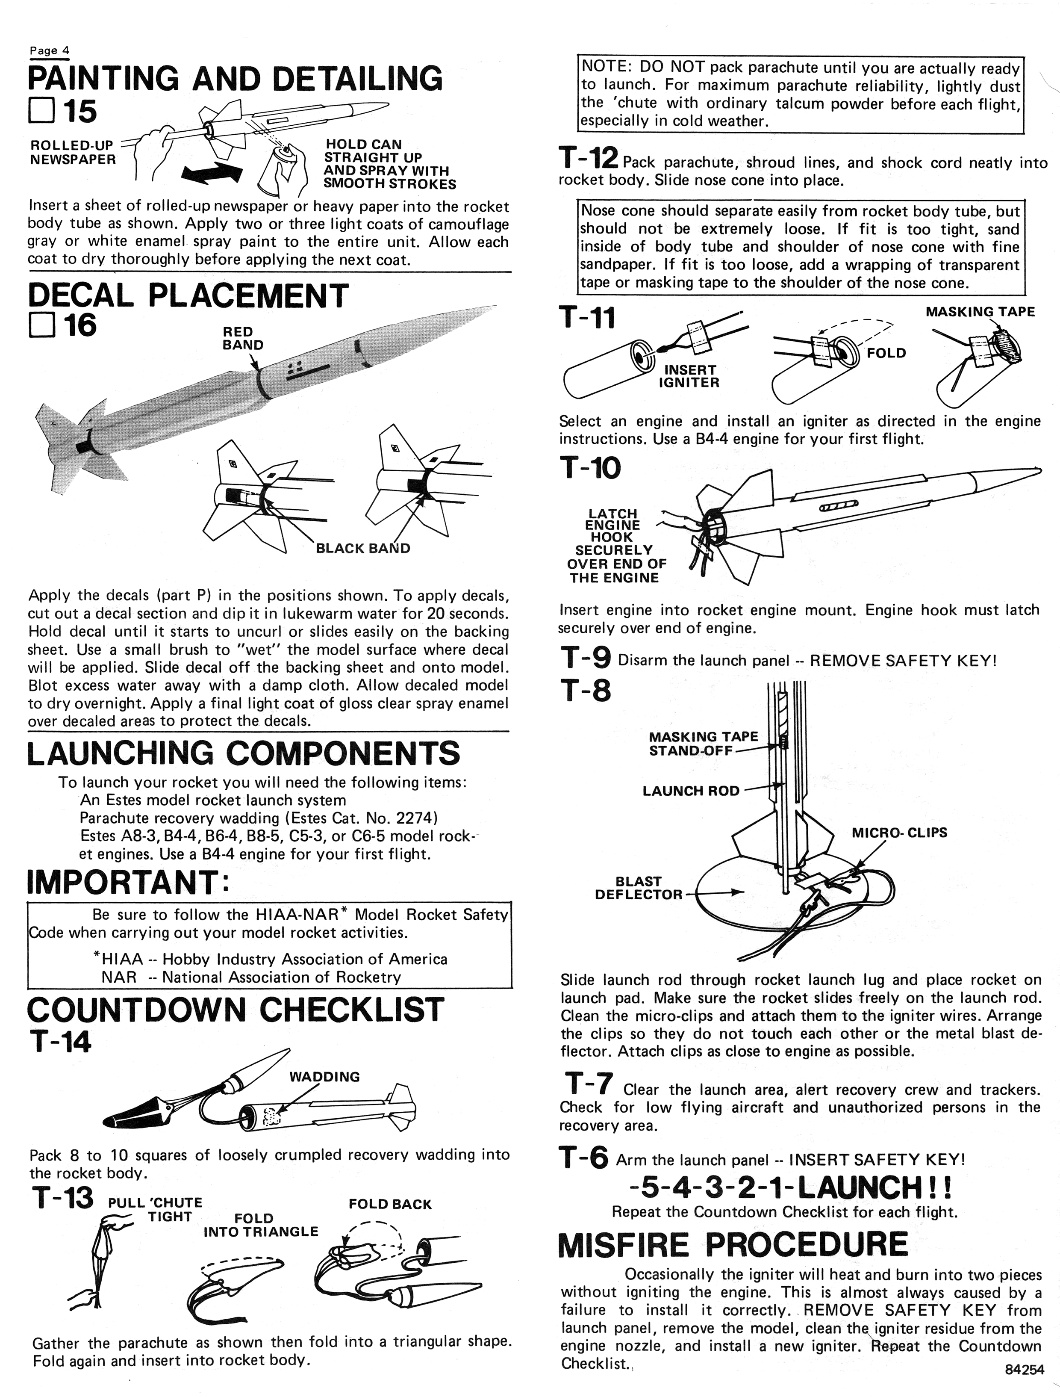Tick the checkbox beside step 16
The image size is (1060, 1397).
coord(41,326)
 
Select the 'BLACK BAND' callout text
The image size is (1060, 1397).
coord(362,548)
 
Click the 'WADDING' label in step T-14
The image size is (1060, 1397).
coord(324,1076)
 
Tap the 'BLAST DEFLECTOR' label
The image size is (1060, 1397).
coord(638,887)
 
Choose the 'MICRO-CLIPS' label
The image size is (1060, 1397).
coord(899,833)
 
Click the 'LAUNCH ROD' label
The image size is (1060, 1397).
coord(691,791)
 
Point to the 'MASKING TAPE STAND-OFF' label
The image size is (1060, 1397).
coord(703,743)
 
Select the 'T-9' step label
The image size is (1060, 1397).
coord(585,659)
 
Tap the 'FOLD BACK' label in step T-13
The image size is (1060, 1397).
coord(389,1204)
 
